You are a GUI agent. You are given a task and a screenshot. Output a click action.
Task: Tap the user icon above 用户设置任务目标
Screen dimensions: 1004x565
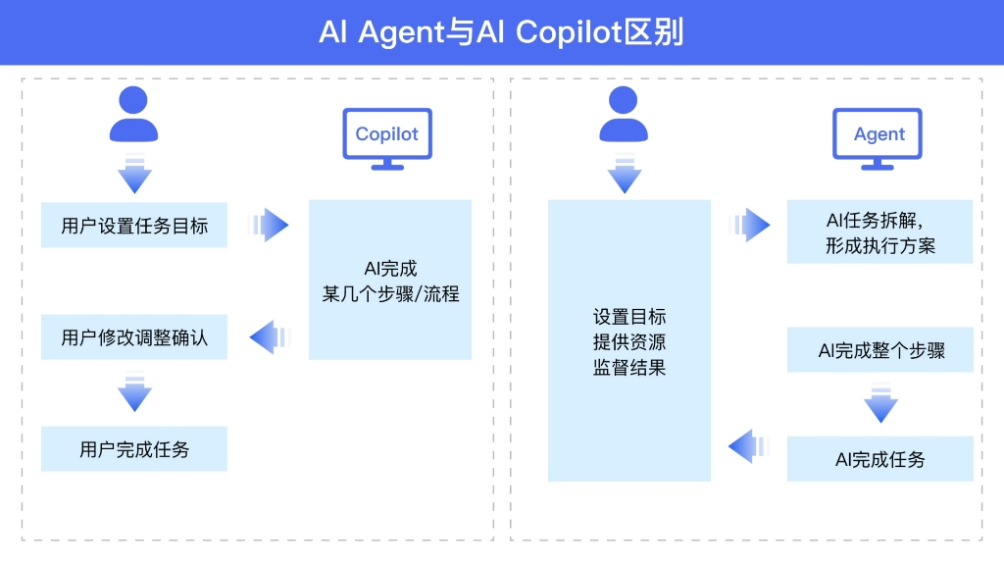[x=133, y=114]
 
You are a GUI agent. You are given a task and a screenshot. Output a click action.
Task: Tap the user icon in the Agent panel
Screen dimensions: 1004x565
[x=623, y=114]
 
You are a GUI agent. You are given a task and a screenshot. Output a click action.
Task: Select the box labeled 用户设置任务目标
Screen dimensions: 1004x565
[x=133, y=225]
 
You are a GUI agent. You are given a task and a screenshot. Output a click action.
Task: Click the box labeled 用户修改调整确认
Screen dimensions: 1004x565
[x=133, y=337]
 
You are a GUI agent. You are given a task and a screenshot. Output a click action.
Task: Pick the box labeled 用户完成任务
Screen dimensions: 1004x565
[x=133, y=449]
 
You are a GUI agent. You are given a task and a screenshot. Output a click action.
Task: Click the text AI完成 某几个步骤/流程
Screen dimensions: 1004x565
[x=390, y=282]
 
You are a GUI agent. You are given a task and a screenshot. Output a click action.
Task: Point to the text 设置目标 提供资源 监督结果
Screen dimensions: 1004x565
[x=629, y=342]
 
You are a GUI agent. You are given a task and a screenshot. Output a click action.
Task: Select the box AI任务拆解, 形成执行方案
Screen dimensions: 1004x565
[x=879, y=231]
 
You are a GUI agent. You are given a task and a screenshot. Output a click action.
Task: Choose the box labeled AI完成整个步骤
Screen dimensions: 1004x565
[x=879, y=350]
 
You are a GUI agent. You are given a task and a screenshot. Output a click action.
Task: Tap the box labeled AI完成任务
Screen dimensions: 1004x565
[x=879, y=459]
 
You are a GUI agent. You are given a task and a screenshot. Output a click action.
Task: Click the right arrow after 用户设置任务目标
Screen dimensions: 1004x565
[x=269, y=225]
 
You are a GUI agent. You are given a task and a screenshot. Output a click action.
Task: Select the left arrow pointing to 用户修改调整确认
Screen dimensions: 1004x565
[x=271, y=337]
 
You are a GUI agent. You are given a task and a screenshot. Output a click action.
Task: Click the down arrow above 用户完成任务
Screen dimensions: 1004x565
[x=134, y=390]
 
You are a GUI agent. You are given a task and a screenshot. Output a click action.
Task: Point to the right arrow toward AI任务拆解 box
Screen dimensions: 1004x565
[x=749, y=225]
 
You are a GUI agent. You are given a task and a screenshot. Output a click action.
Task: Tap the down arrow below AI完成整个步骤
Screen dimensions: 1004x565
[x=881, y=402]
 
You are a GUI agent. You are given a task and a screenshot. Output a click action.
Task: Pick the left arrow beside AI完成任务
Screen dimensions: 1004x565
[x=749, y=446]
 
